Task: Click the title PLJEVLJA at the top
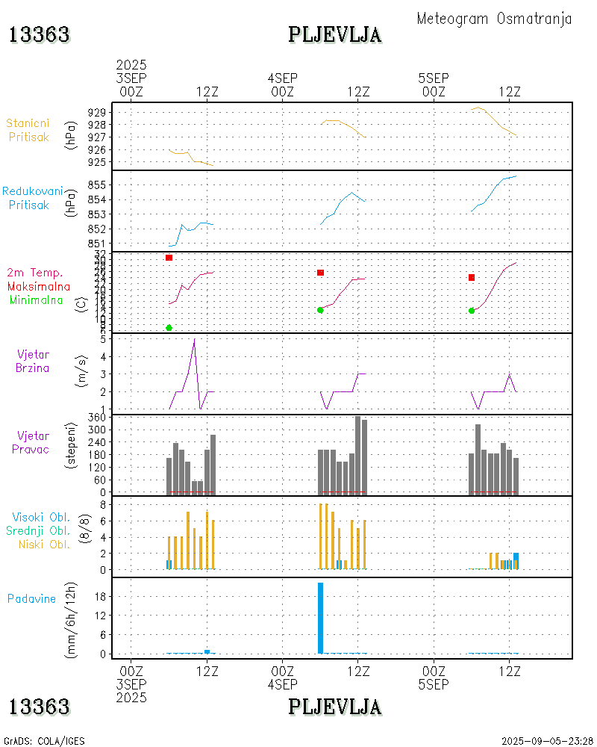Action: pos(335,34)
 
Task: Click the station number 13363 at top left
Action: pos(40,34)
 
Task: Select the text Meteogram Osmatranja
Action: pos(494,19)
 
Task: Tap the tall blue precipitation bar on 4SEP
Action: pos(320,617)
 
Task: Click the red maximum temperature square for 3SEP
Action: pos(169,258)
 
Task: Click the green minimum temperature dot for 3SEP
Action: pos(169,328)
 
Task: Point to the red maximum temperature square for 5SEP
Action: pos(472,278)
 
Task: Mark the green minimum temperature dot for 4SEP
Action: pos(320,310)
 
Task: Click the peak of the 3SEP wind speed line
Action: pos(194,340)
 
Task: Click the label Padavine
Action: pos(32,598)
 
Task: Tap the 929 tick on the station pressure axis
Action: pos(96,112)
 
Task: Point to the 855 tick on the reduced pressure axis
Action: pos(96,185)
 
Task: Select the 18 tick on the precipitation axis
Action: pos(99,596)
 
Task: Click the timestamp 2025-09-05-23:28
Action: pos(546,741)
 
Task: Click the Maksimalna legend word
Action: pos(39,286)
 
